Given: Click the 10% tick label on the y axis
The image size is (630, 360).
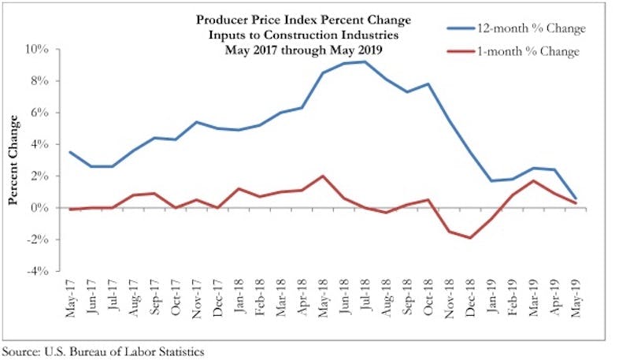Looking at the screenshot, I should (x=39, y=49).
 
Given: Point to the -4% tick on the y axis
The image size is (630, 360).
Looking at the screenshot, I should (x=39, y=271).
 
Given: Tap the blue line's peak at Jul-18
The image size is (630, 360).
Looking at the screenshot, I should (x=364, y=61).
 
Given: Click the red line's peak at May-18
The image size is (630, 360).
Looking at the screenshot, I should (x=322, y=176).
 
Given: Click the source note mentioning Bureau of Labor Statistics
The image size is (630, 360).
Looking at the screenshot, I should (x=102, y=351).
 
